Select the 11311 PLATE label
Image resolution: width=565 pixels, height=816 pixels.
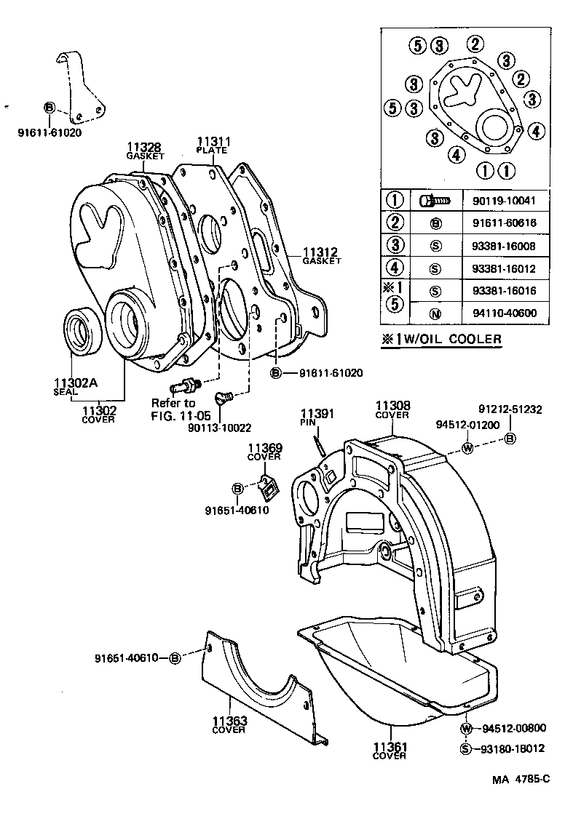212,142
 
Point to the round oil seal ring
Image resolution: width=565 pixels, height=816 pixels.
82,331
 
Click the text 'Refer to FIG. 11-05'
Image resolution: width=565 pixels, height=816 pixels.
173,409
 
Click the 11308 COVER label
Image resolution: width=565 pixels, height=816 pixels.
392,409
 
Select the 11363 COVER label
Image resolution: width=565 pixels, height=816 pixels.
229,725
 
